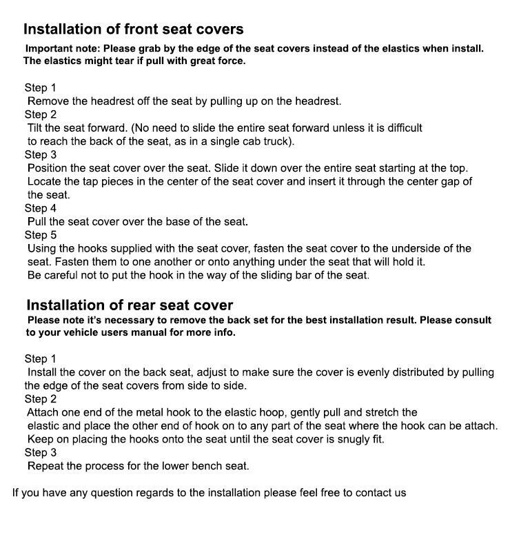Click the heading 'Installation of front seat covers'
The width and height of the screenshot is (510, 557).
(133, 29)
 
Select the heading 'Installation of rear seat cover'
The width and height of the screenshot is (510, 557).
(130, 305)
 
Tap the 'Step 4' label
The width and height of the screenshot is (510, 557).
(41, 208)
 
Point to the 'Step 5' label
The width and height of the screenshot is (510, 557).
(41, 235)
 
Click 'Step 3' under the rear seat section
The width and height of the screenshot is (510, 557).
(41, 452)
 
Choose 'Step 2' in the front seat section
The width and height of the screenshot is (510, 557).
(41, 114)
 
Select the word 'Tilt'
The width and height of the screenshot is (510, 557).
(36, 128)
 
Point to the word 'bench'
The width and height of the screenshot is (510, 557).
(203, 466)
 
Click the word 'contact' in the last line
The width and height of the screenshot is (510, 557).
(373, 493)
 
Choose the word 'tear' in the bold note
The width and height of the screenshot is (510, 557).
(110, 61)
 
